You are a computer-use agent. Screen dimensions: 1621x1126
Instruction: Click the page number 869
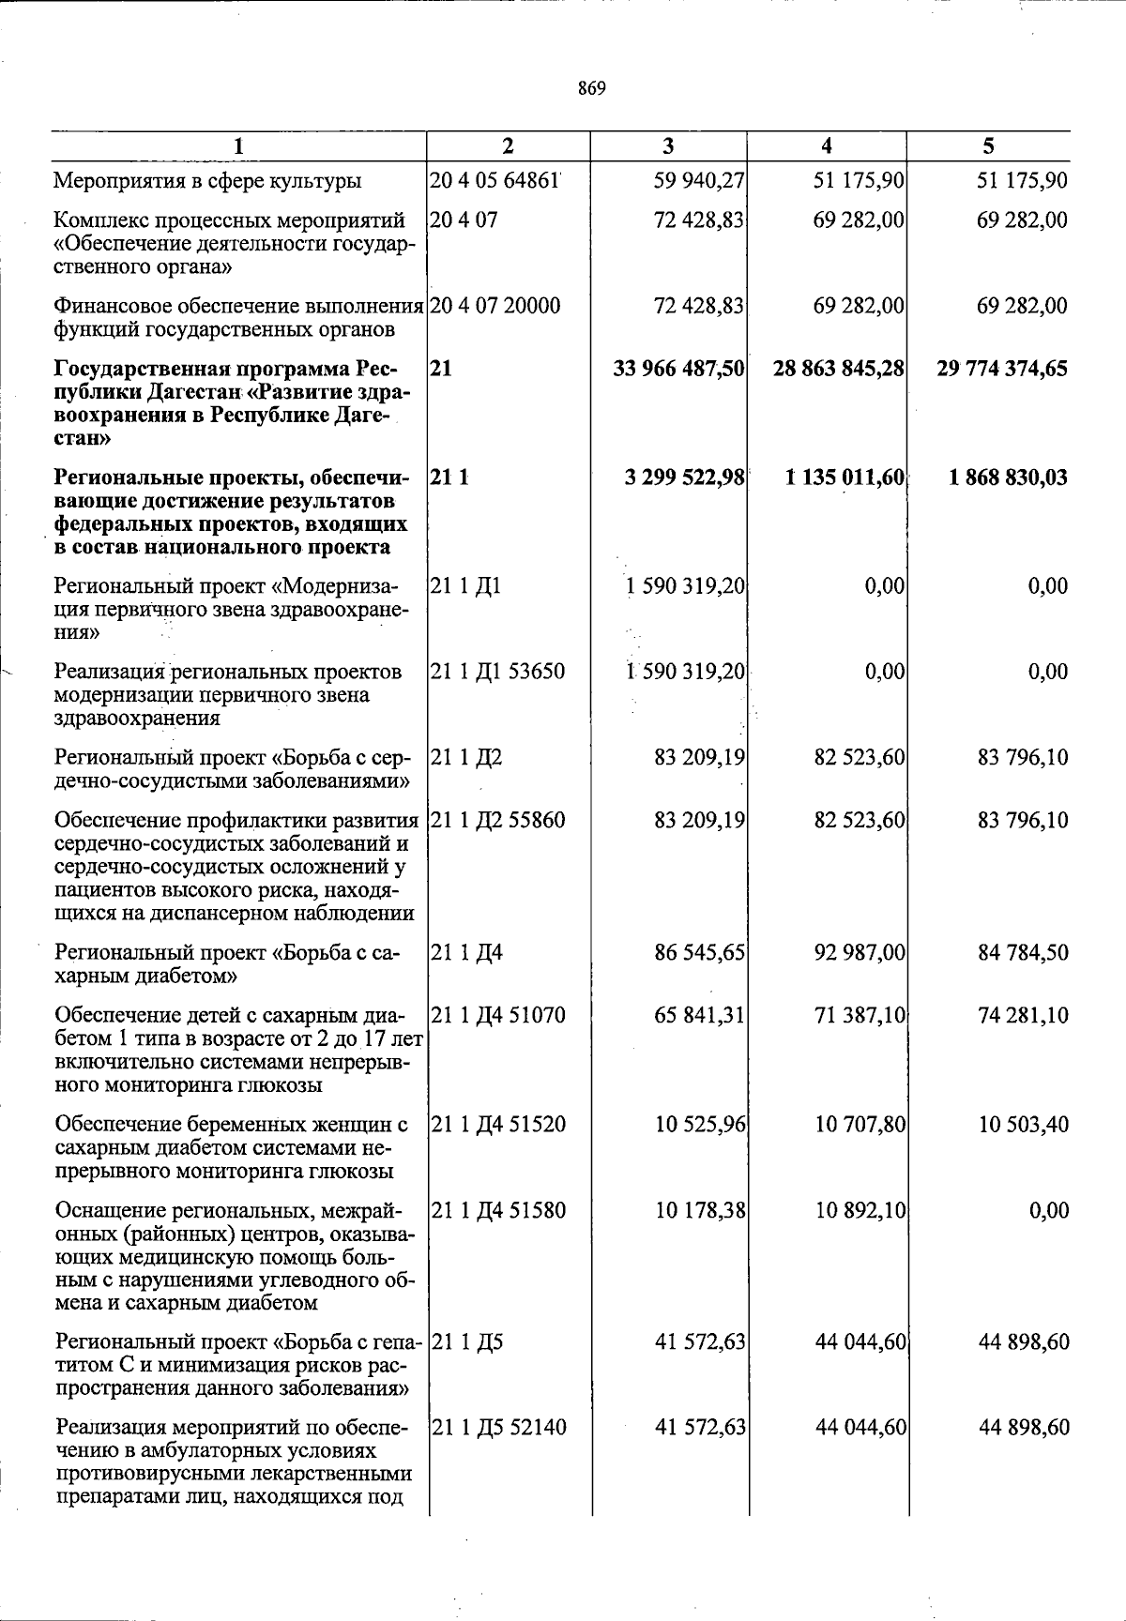point(592,89)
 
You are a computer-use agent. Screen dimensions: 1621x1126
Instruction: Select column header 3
point(667,145)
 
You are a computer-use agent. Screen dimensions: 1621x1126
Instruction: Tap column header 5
point(988,145)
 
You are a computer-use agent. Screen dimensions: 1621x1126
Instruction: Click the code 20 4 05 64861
point(495,180)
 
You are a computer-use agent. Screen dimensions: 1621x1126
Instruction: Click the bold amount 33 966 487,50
point(679,369)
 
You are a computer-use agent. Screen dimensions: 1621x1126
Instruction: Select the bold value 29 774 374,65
point(1001,369)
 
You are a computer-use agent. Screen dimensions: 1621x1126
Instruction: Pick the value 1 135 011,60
point(844,477)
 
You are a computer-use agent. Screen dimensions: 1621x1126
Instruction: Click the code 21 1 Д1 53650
point(497,672)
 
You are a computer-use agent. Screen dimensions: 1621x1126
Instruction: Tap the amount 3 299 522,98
point(685,477)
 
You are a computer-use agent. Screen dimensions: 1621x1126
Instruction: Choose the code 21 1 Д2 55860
point(497,820)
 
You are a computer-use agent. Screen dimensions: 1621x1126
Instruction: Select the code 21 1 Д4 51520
point(498,1124)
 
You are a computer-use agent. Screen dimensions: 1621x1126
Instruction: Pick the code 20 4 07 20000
point(495,306)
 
